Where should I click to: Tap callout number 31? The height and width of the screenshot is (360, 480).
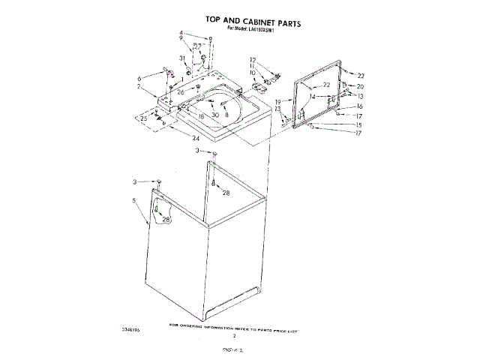click(181, 58)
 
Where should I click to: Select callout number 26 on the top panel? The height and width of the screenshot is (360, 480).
click(180, 92)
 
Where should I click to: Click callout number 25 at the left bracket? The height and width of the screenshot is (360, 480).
click(143, 118)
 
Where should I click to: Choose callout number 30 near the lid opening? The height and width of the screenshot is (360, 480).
click(215, 115)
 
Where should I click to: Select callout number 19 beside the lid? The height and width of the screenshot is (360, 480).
click(277, 101)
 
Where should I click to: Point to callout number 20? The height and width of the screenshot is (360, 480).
click(360, 86)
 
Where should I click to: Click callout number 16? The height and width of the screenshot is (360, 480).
click(359, 106)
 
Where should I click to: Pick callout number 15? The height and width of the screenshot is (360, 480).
click(359, 124)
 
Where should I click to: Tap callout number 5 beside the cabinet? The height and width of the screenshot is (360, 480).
click(133, 200)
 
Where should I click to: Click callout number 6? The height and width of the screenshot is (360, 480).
click(139, 78)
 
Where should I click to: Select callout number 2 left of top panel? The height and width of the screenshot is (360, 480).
click(139, 87)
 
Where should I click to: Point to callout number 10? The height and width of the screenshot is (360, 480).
click(253, 73)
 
